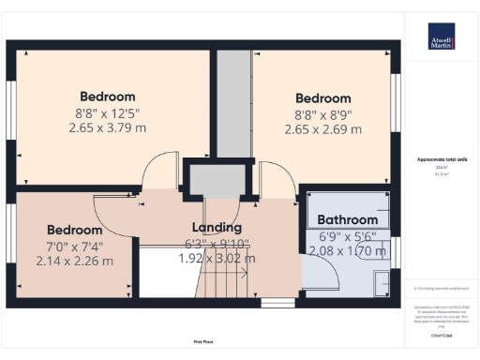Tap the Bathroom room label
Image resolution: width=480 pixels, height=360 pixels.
[x=347, y=219]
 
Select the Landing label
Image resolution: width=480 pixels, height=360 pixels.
[x=217, y=227]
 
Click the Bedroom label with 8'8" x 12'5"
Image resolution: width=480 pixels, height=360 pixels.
[x=107, y=97]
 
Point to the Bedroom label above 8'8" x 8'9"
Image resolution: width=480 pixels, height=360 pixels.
[x=322, y=98]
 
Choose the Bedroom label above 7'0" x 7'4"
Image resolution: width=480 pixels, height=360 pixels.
[x=74, y=230]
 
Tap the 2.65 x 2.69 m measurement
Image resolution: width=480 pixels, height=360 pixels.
[x=322, y=129]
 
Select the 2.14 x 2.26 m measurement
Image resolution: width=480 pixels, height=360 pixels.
[x=74, y=261]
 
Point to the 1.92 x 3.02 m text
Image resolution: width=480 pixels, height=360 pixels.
[x=217, y=258]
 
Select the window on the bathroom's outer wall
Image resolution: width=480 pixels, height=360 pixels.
[x=396, y=251]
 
